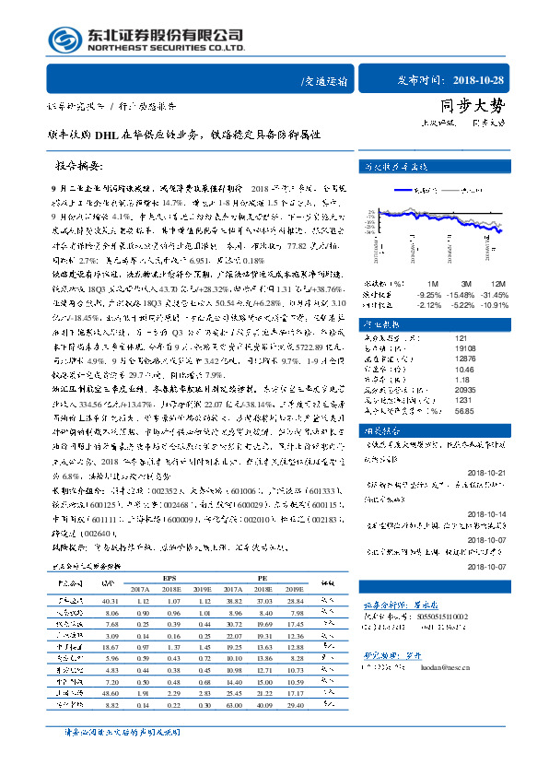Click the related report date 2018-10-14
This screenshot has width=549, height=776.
[486, 514]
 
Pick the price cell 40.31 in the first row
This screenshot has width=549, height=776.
[111, 600]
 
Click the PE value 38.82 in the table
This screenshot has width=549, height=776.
[232, 600]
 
